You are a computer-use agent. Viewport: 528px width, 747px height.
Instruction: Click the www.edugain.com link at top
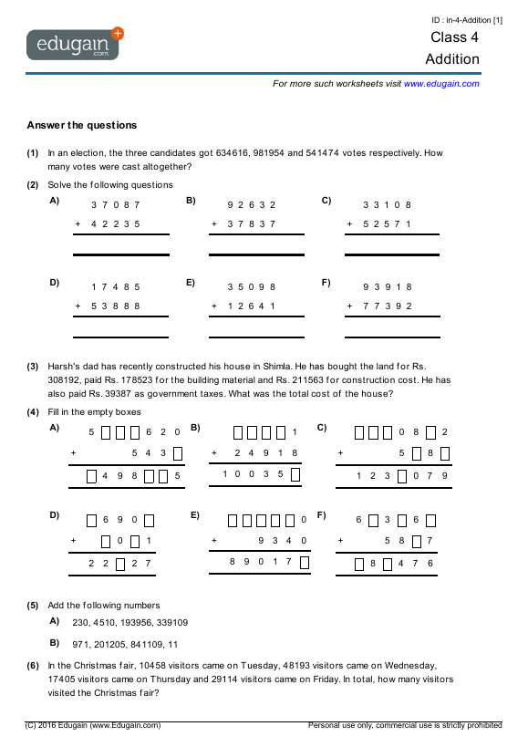[x=440, y=83]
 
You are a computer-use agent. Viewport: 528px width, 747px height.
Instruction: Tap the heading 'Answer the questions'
[x=82, y=125]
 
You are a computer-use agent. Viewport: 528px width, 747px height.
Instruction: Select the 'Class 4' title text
[x=454, y=37]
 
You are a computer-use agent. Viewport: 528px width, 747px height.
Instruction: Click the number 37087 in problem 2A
[x=116, y=204]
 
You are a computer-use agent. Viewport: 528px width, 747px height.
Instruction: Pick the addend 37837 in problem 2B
[x=252, y=223]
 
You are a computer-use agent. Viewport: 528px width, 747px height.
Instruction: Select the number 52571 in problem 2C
[x=388, y=223]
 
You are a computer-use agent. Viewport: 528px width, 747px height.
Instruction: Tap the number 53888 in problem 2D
[x=116, y=306]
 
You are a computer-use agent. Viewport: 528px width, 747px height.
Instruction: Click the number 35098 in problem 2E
[x=252, y=286]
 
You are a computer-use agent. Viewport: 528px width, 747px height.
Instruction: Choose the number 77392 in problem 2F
[x=388, y=306]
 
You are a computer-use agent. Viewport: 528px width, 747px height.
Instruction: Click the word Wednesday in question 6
[x=415, y=665]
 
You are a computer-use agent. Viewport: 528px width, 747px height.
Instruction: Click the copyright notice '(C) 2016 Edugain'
[x=93, y=725]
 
